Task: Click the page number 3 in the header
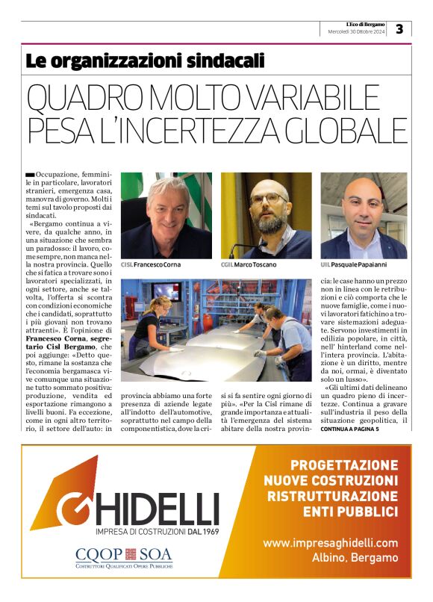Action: pyautogui.click(x=399, y=29)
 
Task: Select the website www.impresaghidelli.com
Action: pyautogui.click(x=330, y=543)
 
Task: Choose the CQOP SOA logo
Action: pyautogui.click(x=123, y=556)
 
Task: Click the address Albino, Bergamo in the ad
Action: pyautogui.click(x=349, y=558)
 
